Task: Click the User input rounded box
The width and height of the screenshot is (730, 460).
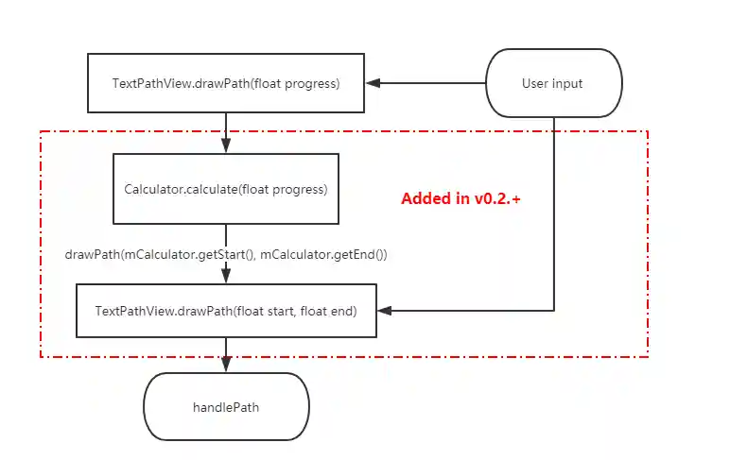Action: click(554, 83)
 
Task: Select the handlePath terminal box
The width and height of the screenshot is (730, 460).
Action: click(226, 408)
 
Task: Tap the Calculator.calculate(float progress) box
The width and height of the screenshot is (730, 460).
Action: click(226, 189)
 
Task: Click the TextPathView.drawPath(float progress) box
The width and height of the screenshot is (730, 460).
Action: click(226, 83)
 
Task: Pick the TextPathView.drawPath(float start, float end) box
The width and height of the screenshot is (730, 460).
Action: click(226, 310)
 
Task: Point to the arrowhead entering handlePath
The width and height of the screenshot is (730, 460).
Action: click(226, 366)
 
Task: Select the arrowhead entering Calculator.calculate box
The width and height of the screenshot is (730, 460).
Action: click(226, 146)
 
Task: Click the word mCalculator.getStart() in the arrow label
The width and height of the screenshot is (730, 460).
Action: click(192, 254)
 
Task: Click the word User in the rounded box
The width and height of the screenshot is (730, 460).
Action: click(534, 83)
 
